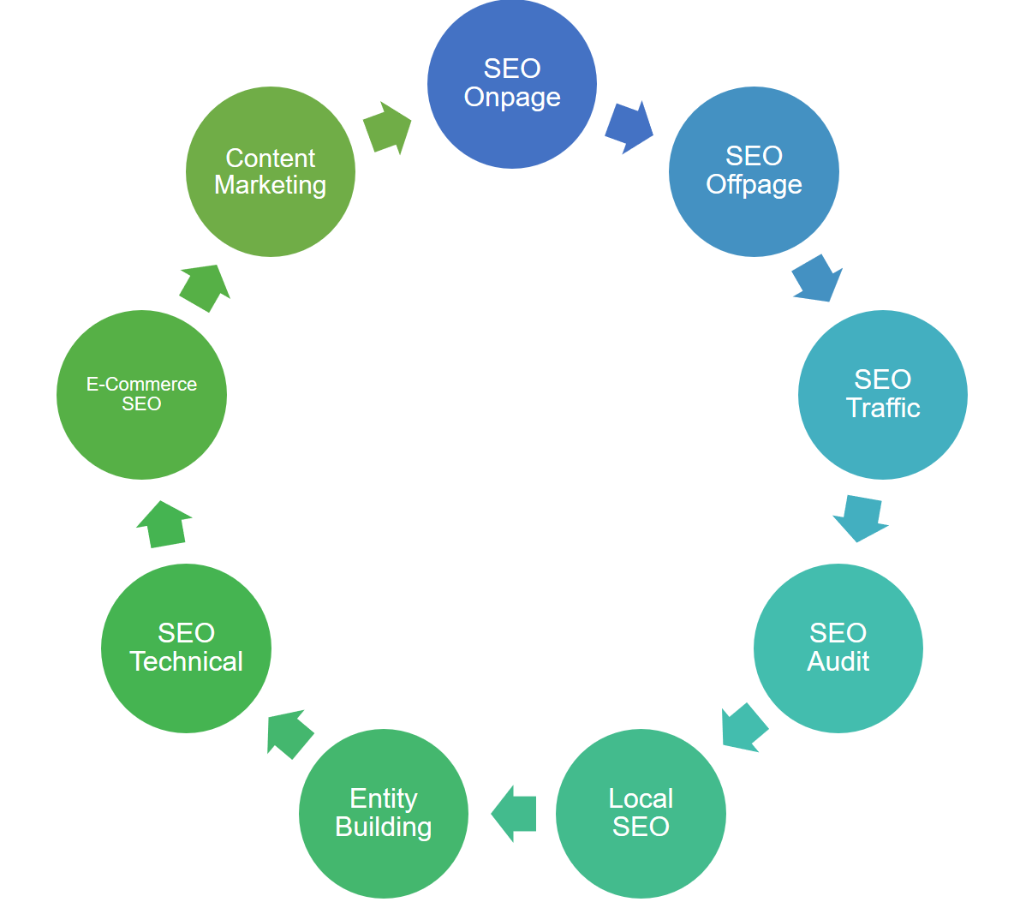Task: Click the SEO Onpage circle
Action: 511,83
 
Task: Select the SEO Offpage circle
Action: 754,170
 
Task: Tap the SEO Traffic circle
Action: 882,394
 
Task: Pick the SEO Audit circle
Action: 838,648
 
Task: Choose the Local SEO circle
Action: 641,813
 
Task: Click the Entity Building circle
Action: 384,813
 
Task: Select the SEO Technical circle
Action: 186,648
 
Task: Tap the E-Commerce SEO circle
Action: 141,394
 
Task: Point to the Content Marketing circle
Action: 270,170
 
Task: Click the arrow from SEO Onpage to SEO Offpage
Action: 629,127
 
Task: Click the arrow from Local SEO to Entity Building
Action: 515,813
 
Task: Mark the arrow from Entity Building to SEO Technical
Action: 289,733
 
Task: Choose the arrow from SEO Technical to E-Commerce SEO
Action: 164,524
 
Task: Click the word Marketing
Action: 270,185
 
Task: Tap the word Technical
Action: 186,661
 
